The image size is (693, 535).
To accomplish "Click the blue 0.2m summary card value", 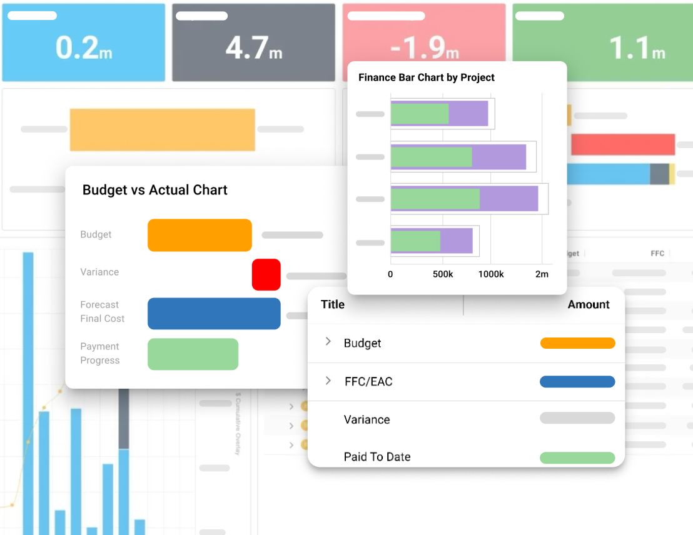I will pyautogui.click(x=84, y=48).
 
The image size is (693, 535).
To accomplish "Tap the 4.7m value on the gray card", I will pyautogui.click(x=254, y=48).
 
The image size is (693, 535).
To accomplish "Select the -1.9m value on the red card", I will pyautogui.click(x=424, y=48).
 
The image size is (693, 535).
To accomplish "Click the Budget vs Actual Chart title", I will pyautogui.click(x=155, y=190).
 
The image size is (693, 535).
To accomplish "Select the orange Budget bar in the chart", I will pyautogui.click(x=200, y=235).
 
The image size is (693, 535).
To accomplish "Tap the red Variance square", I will pyautogui.click(x=266, y=274).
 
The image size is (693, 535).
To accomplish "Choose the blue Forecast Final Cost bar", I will pyautogui.click(x=214, y=313).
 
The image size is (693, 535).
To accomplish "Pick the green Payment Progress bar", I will pyautogui.click(x=193, y=354).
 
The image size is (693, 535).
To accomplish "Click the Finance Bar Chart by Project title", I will pyautogui.click(x=427, y=77).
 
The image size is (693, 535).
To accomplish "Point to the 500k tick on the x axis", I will pyautogui.click(x=443, y=274).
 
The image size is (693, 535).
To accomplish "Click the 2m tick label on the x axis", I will pyautogui.click(x=542, y=274).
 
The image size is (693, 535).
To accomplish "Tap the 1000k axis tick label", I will pyautogui.click(x=490, y=274).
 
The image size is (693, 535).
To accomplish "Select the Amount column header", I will pyautogui.click(x=589, y=304).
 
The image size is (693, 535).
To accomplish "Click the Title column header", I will pyautogui.click(x=333, y=304).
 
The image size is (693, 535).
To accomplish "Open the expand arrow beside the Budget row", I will pyautogui.click(x=328, y=342).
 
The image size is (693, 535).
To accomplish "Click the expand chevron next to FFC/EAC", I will pyautogui.click(x=328, y=381).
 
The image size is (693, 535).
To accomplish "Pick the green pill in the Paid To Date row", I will pyautogui.click(x=577, y=458).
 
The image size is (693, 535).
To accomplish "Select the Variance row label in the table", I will pyautogui.click(x=367, y=419).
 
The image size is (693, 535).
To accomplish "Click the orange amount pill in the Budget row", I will pyautogui.click(x=577, y=343).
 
